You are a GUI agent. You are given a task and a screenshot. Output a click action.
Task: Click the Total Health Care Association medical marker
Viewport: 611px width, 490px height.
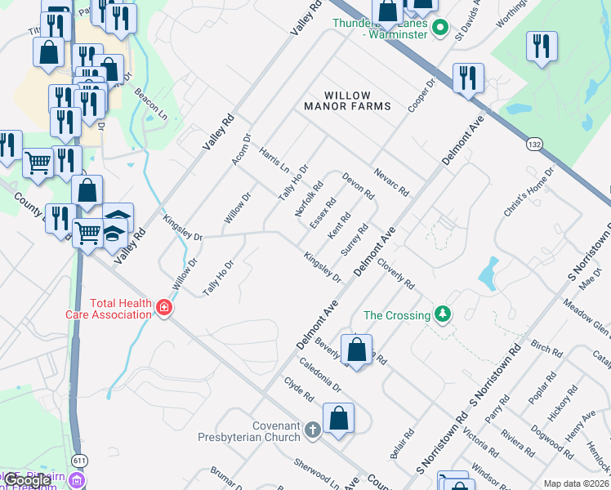tap(164, 308)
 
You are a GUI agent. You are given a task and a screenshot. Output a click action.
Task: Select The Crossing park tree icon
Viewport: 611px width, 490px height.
tap(442, 314)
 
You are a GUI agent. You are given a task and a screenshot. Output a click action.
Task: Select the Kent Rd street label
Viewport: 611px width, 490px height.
tap(339, 226)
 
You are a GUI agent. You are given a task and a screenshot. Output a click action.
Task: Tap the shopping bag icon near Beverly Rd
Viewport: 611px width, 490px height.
tap(356, 350)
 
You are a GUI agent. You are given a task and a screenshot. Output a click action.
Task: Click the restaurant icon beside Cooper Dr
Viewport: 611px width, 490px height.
tap(468, 78)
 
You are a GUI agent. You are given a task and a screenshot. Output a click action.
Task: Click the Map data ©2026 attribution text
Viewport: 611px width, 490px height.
tap(576, 483)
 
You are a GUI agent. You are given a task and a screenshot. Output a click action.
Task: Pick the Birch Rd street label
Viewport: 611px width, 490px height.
tap(546, 349)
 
